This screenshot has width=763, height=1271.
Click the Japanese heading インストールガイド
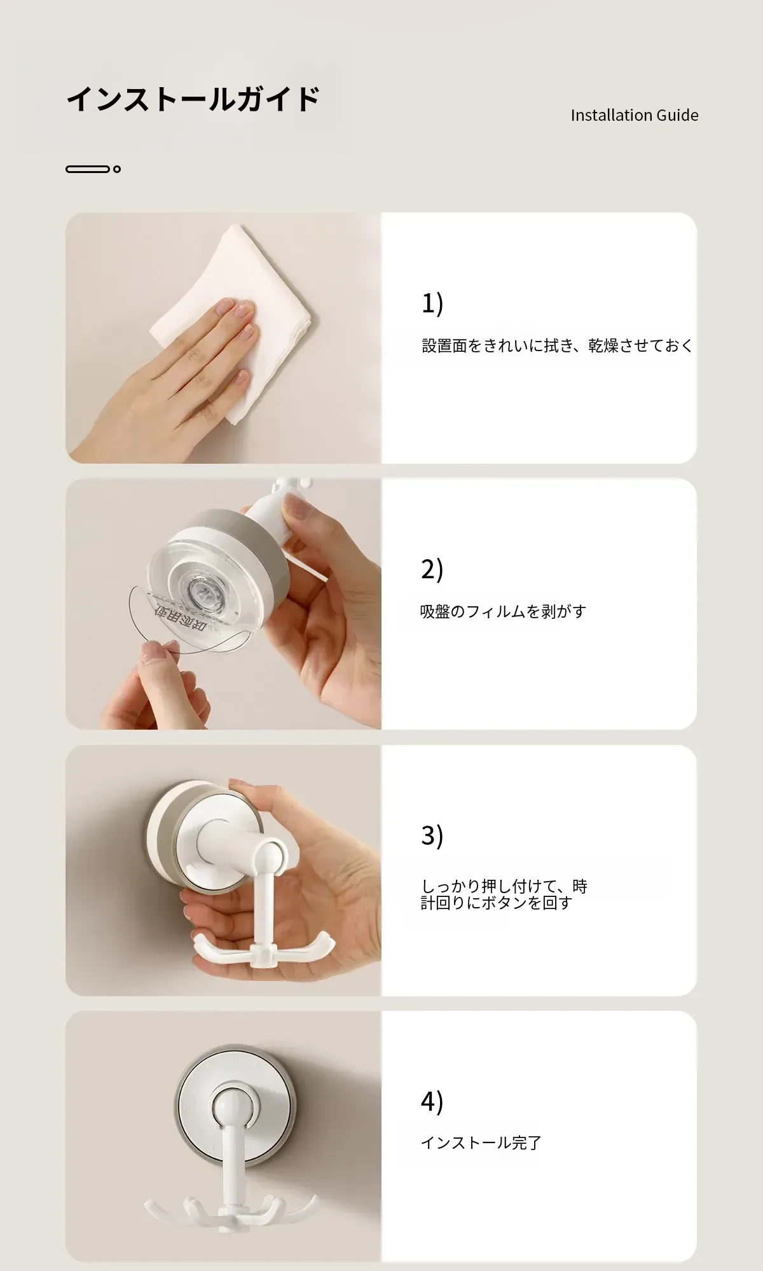(x=193, y=99)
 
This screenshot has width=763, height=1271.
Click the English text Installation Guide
(x=635, y=115)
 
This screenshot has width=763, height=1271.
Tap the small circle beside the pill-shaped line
(x=116, y=169)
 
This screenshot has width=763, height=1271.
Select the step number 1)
(x=432, y=303)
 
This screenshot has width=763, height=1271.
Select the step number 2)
(x=432, y=569)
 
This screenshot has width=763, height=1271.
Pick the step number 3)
(x=432, y=835)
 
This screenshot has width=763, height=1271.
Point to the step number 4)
(x=432, y=1101)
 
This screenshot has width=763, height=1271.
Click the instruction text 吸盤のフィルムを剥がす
(x=503, y=611)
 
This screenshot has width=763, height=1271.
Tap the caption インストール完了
(x=481, y=1143)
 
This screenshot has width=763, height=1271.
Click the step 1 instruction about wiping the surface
(x=557, y=345)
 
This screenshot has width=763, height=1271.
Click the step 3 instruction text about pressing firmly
(x=504, y=894)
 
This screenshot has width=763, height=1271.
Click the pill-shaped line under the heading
(x=88, y=169)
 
